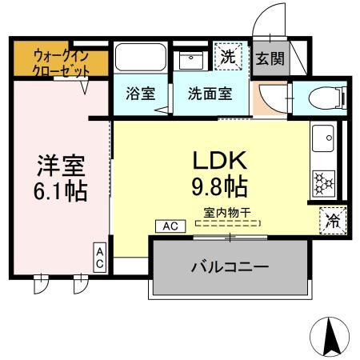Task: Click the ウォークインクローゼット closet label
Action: tap(61, 63)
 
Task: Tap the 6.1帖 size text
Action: tap(60, 192)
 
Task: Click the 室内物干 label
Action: tap(226, 213)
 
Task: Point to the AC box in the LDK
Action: tap(170, 226)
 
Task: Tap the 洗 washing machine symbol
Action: tap(230, 58)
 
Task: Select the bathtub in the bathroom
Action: tap(139, 57)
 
